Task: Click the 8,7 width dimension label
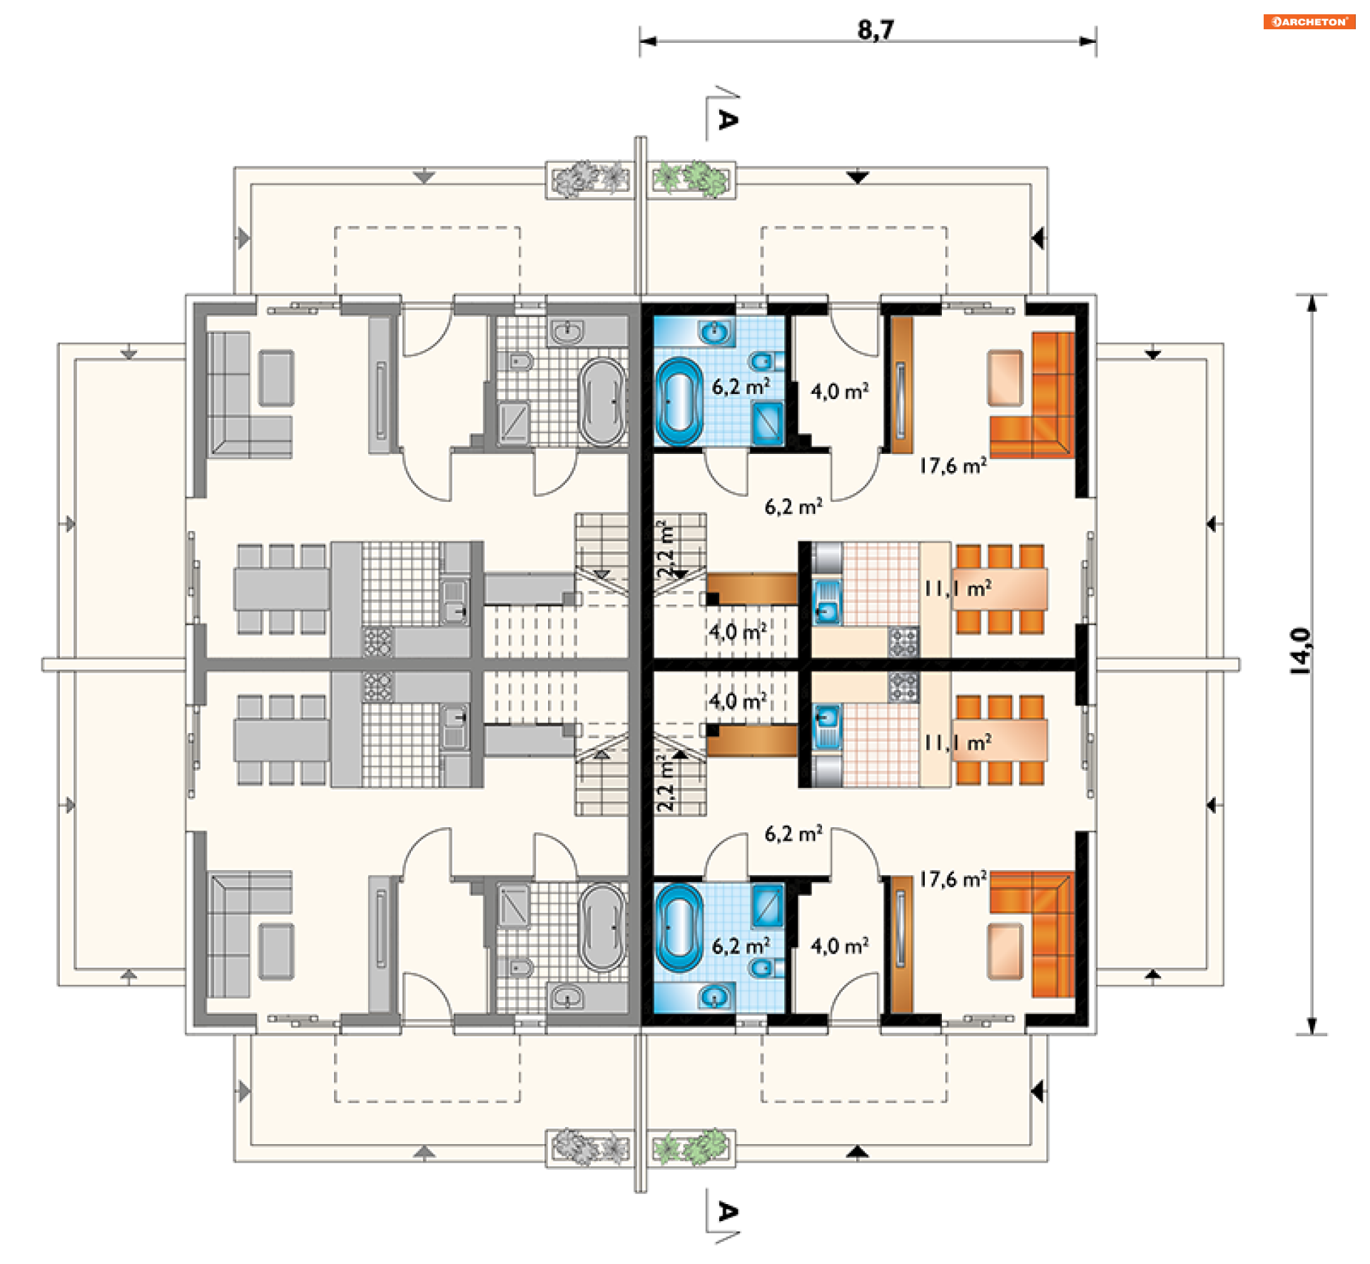(x=876, y=30)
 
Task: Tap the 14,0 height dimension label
(x=1300, y=650)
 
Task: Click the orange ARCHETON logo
(x=1309, y=21)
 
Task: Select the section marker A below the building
(x=727, y=1211)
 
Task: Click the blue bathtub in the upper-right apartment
(x=679, y=400)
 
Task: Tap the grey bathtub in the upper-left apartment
(x=602, y=401)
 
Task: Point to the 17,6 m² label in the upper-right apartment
(x=953, y=466)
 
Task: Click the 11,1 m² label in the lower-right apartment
(x=958, y=743)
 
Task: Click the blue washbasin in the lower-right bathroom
(x=714, y=995)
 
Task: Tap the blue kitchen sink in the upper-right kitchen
(x=828, y=602)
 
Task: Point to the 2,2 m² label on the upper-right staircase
(x=666, y=550)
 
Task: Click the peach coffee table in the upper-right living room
(x=1005, y=378)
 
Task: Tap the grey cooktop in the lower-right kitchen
(x=903, y=687)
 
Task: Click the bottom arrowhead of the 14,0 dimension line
(x=1311, y=1026)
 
